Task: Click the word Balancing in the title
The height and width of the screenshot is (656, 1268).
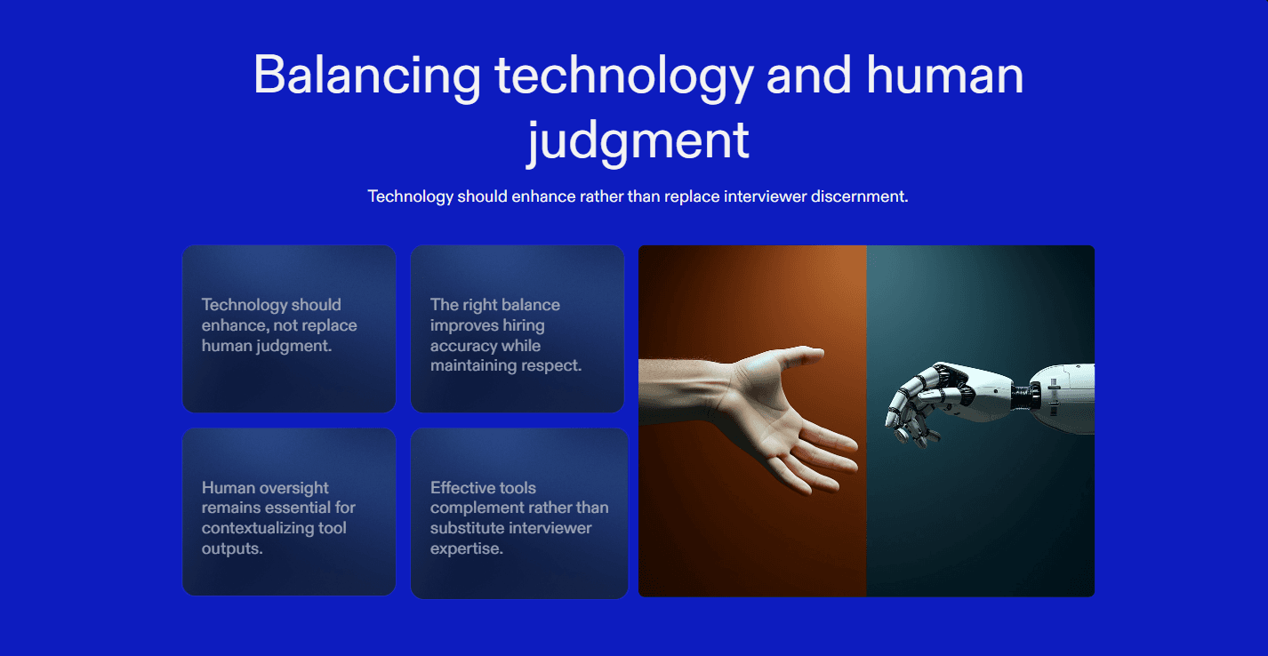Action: (367, 76)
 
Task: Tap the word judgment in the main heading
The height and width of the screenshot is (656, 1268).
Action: (638, 141)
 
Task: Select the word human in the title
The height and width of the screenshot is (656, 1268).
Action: (944, 76)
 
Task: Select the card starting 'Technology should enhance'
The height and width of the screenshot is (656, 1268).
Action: (289, 329)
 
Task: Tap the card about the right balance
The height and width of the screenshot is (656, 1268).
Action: (518, 329)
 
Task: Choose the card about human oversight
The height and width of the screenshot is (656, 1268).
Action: (289, 512)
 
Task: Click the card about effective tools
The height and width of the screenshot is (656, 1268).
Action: (519, 514)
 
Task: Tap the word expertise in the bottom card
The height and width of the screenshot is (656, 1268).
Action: (467, 549)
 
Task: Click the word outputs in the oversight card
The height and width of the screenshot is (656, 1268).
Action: (232, 549)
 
